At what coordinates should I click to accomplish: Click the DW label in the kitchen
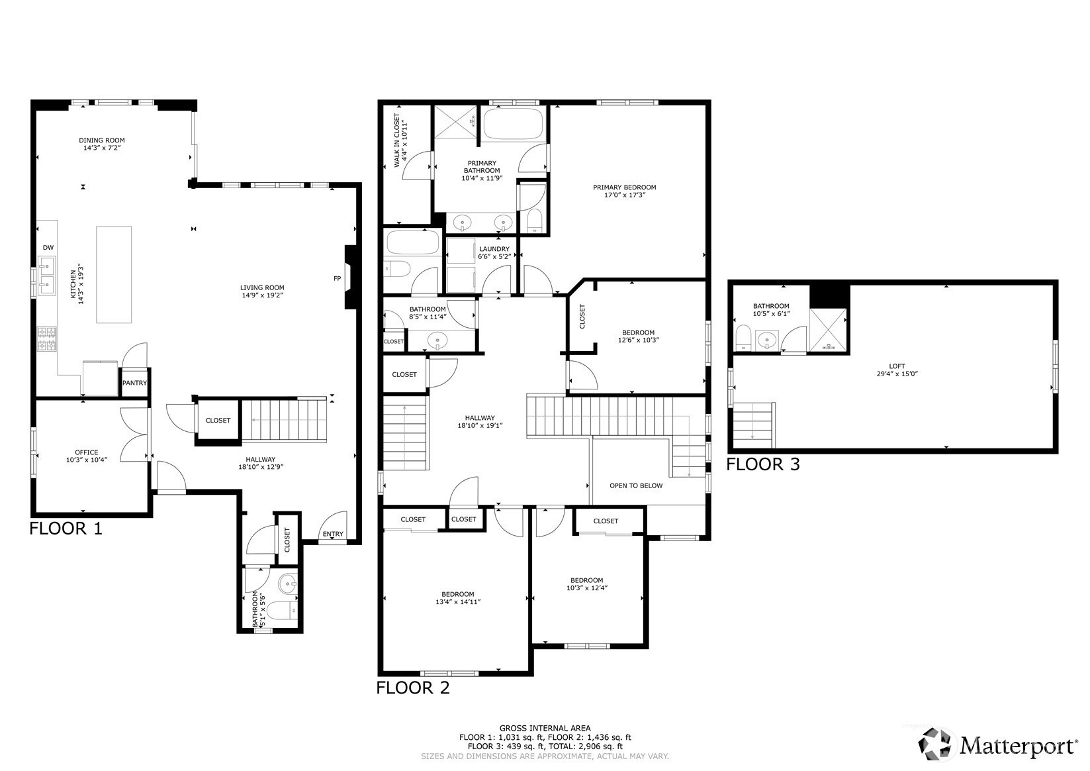[48, 248]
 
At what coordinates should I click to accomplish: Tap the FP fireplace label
[337, 279]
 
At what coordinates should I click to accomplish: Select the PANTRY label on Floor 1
[134, 383]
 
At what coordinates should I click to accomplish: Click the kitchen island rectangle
[114, 274]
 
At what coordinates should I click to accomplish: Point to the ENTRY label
[333, 534]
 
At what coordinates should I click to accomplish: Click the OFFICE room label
[87, 452]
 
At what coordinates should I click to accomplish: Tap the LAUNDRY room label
[494, 249]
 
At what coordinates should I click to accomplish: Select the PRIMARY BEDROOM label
[624, 187]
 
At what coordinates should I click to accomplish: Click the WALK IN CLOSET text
[396, 140]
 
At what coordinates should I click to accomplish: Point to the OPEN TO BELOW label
[636, 486]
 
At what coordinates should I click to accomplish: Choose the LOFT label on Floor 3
[897, 366]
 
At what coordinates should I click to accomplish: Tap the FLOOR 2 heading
[413, 688]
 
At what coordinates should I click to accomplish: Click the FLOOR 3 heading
[763, 464]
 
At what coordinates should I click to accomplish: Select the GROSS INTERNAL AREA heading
[545, 729]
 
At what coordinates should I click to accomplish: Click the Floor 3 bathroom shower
[828, 330]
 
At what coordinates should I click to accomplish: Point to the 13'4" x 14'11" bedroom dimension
[458, 601]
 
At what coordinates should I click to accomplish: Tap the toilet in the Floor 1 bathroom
[282, 610]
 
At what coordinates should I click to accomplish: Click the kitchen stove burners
[47, 338]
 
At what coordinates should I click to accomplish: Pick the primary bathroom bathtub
[514, 124]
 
